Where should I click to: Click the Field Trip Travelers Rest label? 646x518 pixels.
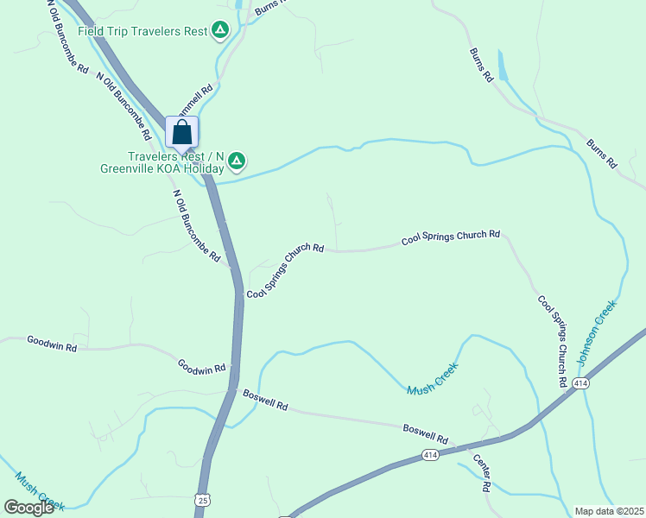142,31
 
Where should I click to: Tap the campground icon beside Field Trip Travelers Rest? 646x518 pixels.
221,31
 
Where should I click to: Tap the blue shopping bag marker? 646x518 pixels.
181,132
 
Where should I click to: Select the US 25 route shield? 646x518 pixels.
202,500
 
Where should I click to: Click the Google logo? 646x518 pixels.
28,508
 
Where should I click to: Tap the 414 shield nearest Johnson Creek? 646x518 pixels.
579,383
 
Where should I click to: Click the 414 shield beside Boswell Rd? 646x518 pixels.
430,454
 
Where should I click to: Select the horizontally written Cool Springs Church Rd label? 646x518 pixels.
451,237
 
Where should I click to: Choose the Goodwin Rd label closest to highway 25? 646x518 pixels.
201,367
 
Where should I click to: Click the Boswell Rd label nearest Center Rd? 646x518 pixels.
426,433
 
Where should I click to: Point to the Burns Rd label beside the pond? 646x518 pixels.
481,65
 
